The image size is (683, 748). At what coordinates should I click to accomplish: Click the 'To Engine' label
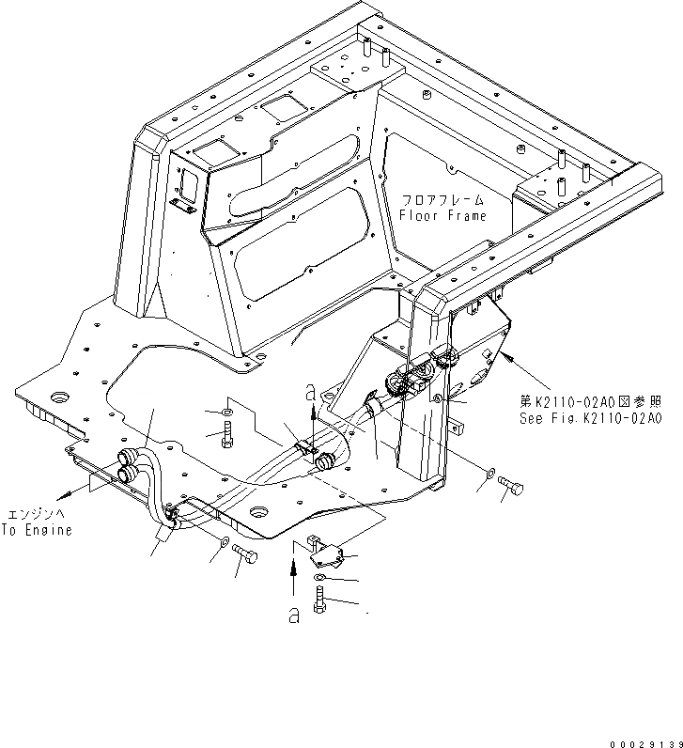coord(36,530)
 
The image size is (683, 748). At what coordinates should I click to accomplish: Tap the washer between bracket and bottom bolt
coord(320,577)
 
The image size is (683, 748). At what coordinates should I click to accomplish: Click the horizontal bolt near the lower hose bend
coord(245,554)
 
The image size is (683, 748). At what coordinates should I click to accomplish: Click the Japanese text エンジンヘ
coord(36,515)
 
